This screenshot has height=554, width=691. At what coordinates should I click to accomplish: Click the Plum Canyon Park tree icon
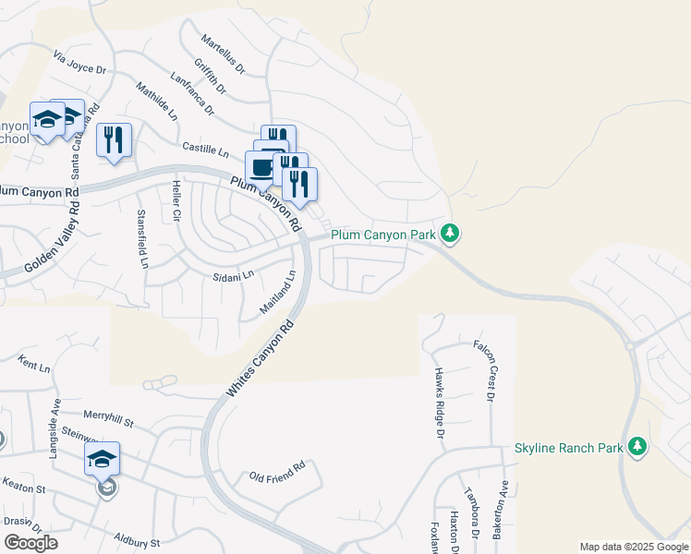(x=450, y=234)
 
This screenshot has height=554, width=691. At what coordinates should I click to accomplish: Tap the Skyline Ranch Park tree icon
(x=636, y=448)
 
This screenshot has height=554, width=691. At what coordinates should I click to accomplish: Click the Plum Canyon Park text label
(x=383, y=235)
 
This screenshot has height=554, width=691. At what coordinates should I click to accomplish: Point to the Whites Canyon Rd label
(x=260, y=360)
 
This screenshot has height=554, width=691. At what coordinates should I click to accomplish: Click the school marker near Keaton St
(x=103, y=459)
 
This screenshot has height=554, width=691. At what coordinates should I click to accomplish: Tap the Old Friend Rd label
(x=277, y=476)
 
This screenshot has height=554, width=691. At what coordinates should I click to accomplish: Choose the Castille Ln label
(x=205, y=148)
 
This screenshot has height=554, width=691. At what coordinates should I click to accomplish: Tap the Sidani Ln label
(x=233, y=276)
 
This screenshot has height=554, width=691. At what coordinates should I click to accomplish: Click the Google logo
(x=30, y=543)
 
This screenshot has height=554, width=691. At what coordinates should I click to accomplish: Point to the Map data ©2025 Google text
(x=634, y=547)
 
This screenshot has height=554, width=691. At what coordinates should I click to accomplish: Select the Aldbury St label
(x=137, y=539)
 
